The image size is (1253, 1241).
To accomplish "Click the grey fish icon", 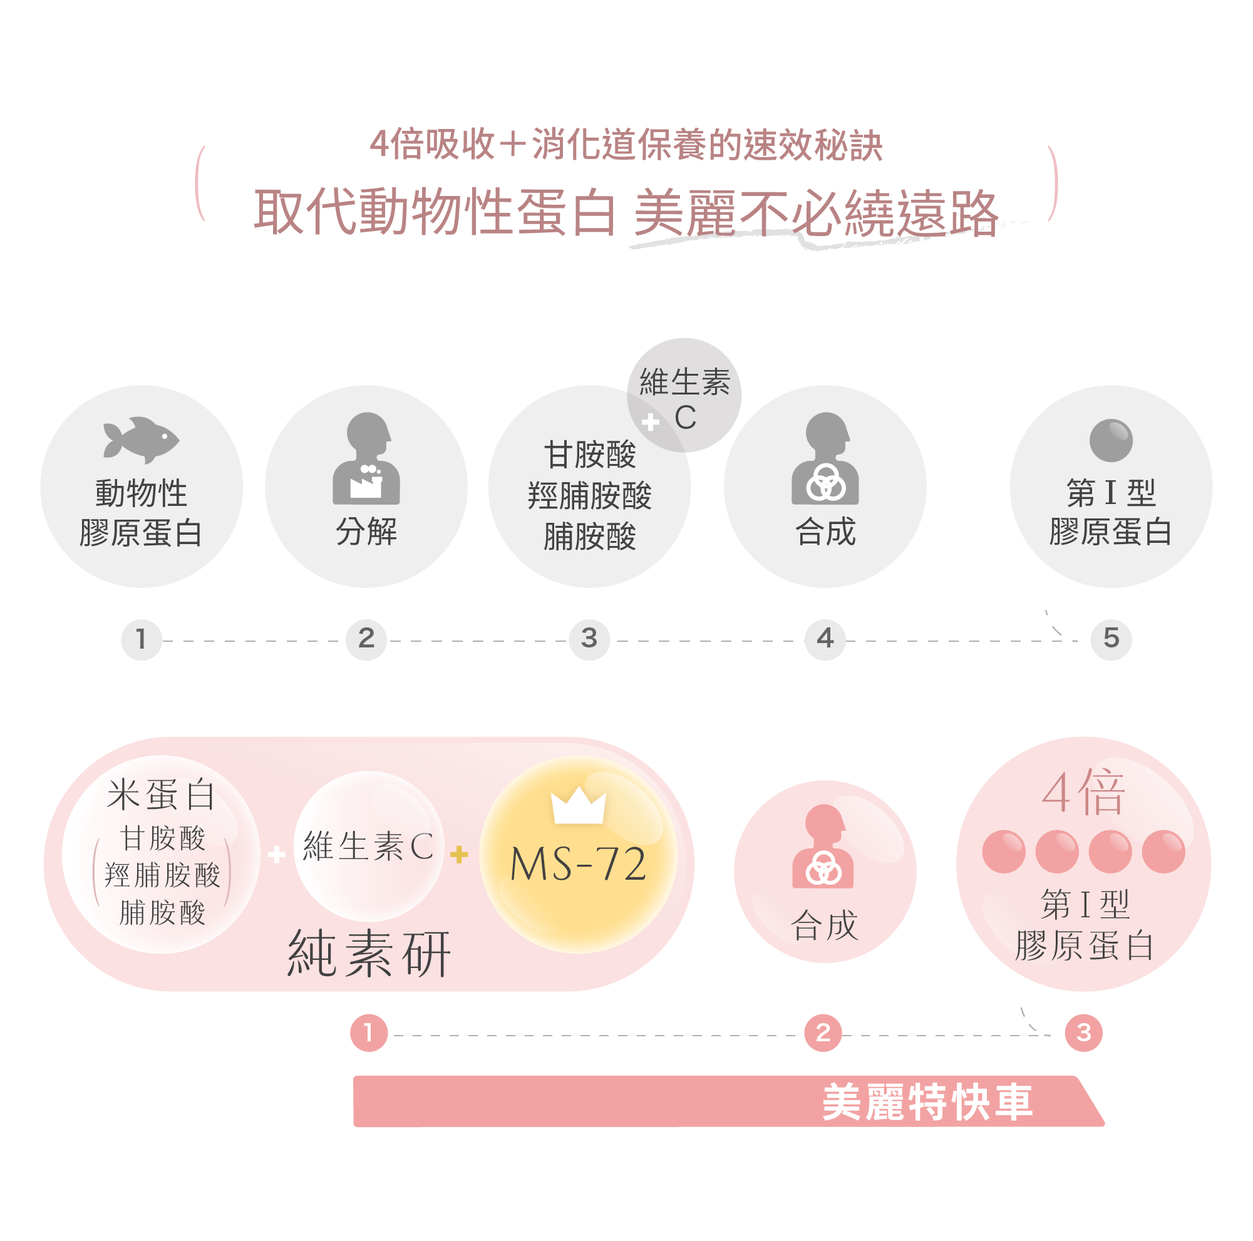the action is (x=142, y=440).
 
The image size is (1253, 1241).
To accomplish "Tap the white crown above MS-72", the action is (x=578, y=806).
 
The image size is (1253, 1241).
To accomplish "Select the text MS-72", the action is (x=578, y=864).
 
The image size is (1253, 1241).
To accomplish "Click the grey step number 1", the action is (x=141, y=639).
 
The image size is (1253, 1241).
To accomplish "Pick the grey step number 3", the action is (x=589, y=639).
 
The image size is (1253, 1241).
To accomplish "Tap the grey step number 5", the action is (x=1110, y=639).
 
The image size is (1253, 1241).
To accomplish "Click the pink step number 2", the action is (x=822, y=1032).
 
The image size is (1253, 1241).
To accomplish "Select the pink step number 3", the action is (x=1083, y=1032).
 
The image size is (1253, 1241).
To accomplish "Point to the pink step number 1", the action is (x=368, y=1032).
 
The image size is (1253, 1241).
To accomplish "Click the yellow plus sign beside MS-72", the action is (x=458, y=854).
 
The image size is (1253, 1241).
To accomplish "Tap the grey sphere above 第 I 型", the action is (x=1110, y=440).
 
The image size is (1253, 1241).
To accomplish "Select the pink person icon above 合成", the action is (x=822, y=846).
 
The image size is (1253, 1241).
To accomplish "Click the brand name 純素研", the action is (x=368, y=954).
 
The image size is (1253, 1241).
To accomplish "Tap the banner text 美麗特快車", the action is (x=927, y=1102).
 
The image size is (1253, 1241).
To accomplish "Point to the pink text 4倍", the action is (x=1083, y=792).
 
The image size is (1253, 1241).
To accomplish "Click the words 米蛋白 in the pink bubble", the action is (x=161, y=795).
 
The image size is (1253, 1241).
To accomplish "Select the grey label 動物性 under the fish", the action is (x=142, y=493).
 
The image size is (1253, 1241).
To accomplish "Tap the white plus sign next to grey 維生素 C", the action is (x=650, y=423).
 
